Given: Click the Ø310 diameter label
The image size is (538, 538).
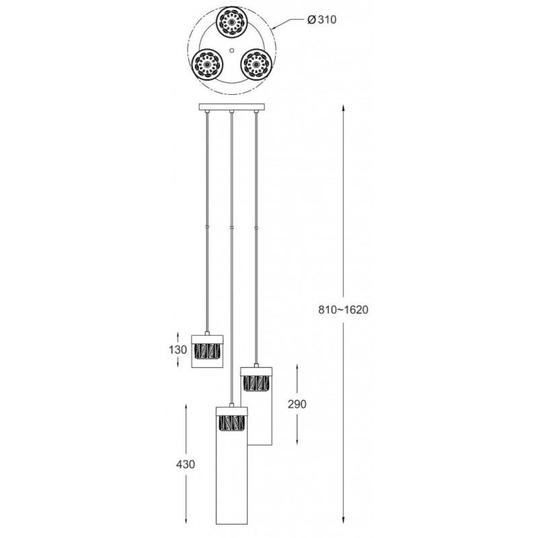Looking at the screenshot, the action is [x=321, y=20].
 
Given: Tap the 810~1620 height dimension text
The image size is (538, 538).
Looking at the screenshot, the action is [x=343, y=310].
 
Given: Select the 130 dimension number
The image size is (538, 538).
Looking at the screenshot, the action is [x=178, y=350].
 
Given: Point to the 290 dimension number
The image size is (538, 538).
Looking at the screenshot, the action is [x=297, y=404].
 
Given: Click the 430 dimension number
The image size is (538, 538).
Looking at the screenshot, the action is [x=186, y=464].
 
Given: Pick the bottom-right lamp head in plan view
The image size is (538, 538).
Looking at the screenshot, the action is [x=256, y=65].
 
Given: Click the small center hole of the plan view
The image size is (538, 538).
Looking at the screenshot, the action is [x=231, y=49].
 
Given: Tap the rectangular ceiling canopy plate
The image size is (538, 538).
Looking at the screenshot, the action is [x=232, y=108].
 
